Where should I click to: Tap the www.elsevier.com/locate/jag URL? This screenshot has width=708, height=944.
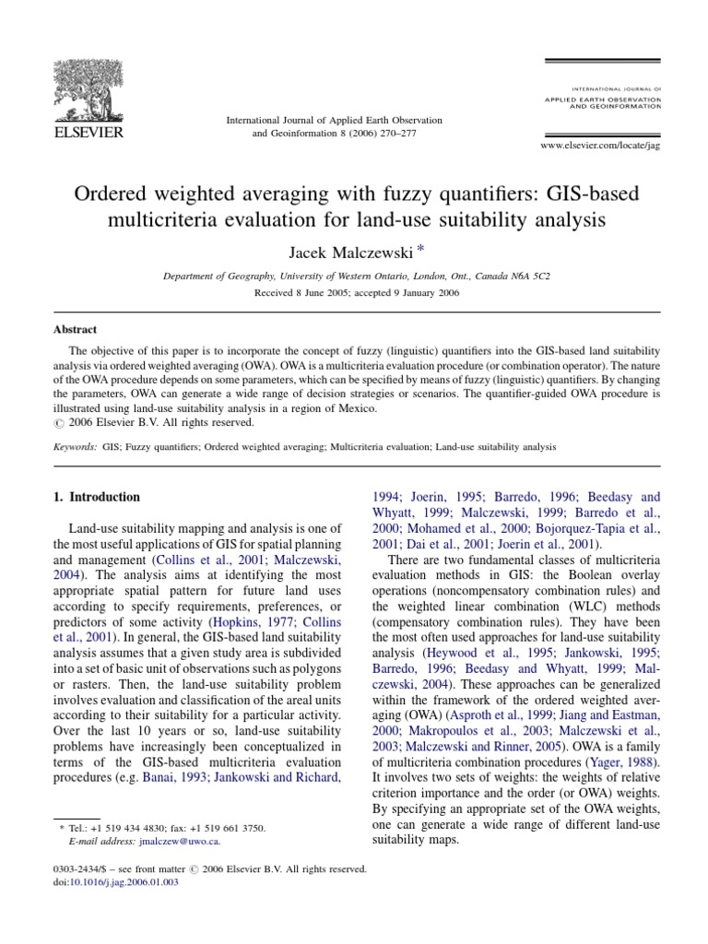pos(600,146)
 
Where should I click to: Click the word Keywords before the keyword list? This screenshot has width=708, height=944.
pos(73,446)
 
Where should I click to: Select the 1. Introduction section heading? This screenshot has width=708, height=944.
pos(96,497)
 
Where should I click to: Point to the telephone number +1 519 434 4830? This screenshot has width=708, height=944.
pos(125,829)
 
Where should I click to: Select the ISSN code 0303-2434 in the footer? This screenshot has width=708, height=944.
pos(74,869)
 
